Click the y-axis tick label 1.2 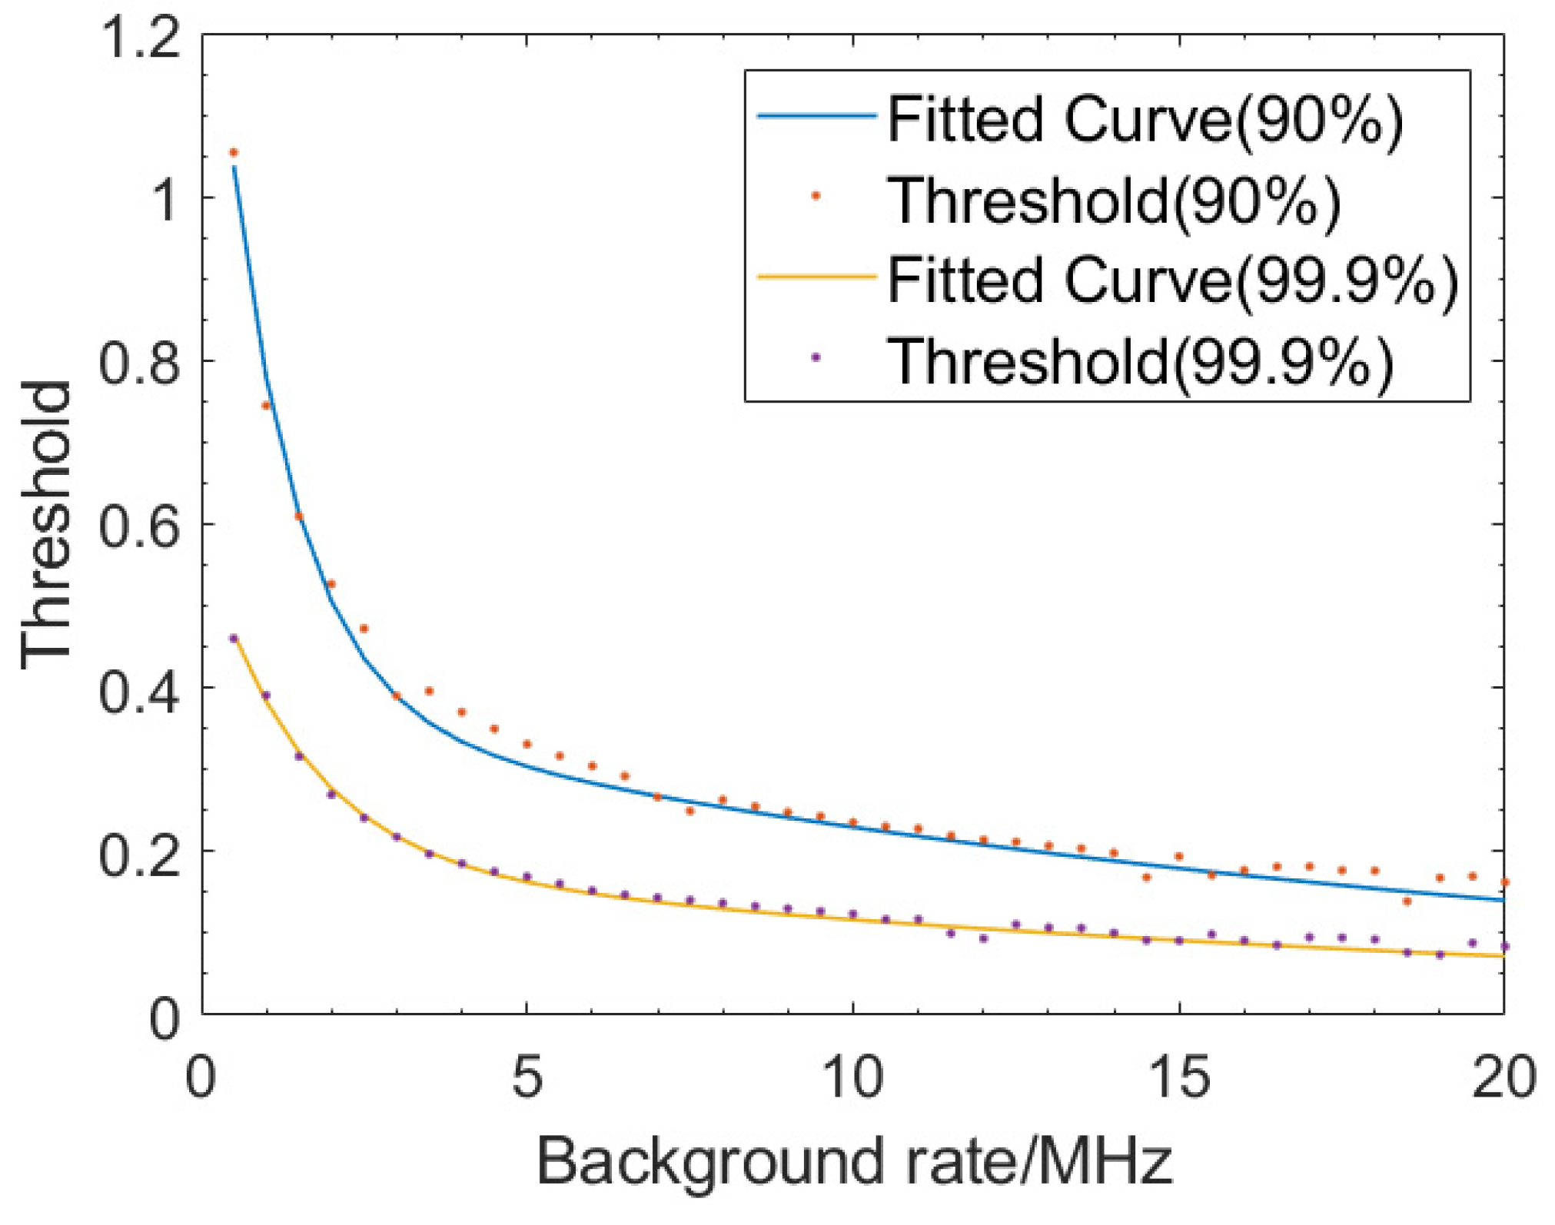[141, 38]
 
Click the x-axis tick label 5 [527, 1077]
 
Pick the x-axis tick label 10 [852, 1077]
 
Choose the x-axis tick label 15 [1179, 1077]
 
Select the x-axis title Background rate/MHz [854, 1161]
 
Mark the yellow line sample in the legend [816, 277]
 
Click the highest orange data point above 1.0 [234, 153]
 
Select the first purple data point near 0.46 [234, 638]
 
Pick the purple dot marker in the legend [816, 357]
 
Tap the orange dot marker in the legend [816, 197]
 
